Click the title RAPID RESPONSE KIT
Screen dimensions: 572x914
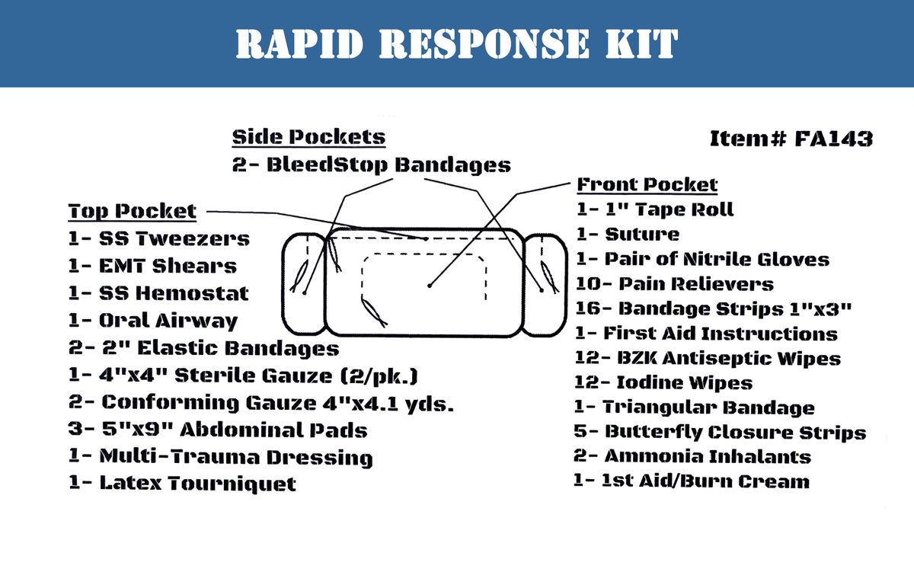click(457, 44)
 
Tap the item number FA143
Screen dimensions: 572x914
click(791, 139)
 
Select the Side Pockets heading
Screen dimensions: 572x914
click(308, 137)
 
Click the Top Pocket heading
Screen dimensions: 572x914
click(133, 211)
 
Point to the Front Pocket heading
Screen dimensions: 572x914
click(647, 184)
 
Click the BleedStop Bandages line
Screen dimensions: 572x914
click(372, 165)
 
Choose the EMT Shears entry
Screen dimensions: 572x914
click(152, 266)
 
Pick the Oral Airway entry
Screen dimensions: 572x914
click(152, 321)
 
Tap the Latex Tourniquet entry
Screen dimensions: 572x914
click(182, 483)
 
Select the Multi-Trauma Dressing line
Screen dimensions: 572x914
click(220, 457)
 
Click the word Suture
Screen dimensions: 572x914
click(641, 234)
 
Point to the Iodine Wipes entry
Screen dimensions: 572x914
click(663, 382)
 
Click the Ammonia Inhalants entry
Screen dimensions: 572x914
click(692, 456)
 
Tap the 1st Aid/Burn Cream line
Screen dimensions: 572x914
click(692, 481)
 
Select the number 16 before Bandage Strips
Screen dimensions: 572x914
click(588, 308)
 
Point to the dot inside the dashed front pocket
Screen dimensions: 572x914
click(430, 286)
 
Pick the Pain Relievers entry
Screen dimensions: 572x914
click(674, 283)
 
